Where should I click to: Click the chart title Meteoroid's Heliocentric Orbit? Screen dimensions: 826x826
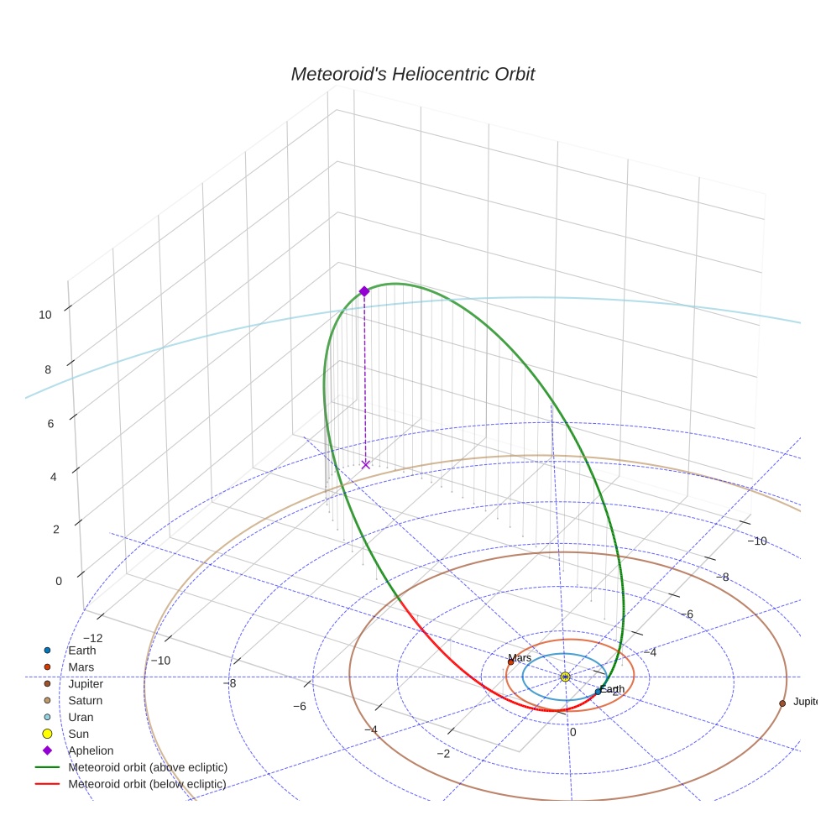tap(412, 75)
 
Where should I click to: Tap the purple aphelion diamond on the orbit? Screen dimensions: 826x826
tap(364, 291)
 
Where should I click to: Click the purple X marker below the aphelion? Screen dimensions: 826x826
tap(365, 464)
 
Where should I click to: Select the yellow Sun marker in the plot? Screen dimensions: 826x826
tap(565, 677)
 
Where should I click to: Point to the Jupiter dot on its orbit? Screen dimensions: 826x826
tap(782, 703)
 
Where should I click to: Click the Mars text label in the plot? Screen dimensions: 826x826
tap(520, 658)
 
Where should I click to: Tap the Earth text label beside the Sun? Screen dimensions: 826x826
tap(612, 689)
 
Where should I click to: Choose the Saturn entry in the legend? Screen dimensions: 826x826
tap(85, 700)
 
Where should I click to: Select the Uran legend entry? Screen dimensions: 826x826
tap(81, 717)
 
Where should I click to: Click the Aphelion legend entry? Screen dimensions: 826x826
tap(91, 750)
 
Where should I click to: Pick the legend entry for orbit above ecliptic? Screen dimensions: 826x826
tap(148, 767)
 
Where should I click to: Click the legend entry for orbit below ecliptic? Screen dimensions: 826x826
tap(147, 784)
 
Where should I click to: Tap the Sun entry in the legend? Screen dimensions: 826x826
tap(78, 734)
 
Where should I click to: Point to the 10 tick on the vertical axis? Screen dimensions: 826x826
tap(45, 315)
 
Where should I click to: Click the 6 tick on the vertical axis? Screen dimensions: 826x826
tap(51, 424)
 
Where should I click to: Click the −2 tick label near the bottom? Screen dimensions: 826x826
tap(443, 753)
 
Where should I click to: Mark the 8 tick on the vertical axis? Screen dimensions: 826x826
tap(50, 369)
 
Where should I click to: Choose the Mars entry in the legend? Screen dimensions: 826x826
tap(81, 667)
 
